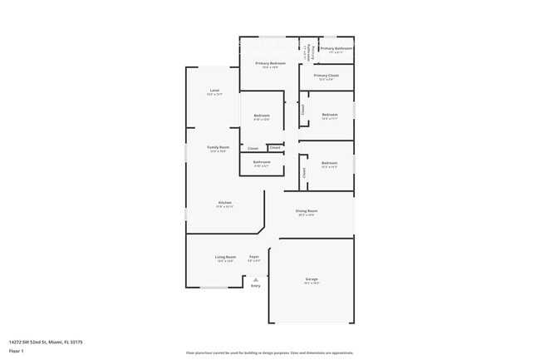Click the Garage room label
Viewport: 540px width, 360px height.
312,279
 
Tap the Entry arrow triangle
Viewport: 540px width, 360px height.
256,279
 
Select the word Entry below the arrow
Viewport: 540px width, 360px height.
256,286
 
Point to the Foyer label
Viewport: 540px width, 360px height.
254,257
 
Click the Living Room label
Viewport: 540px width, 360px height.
226,257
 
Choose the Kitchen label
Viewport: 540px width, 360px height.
225,203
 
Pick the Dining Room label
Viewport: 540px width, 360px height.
307,211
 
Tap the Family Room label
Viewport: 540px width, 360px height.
218,147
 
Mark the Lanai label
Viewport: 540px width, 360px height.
214,90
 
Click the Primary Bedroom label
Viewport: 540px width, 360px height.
271,63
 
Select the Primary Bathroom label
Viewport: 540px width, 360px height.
336,48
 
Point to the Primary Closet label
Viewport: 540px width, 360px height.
326,76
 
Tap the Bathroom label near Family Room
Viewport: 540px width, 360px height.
262,162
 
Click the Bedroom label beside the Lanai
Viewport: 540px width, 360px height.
262,116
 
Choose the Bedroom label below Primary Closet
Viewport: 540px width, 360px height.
330,115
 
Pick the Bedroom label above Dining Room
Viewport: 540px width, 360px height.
330,163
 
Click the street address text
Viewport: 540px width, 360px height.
46,342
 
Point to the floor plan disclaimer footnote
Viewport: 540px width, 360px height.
269,353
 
